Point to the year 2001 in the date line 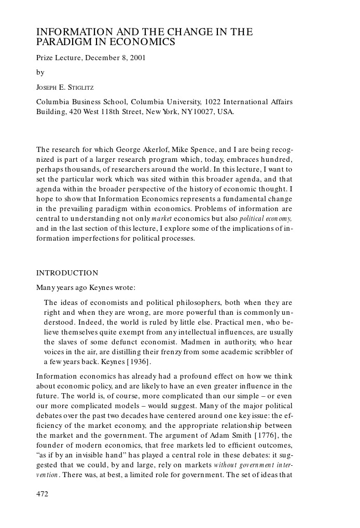click(136, 58)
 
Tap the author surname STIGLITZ click(76, 88)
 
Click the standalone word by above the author click(40, 73)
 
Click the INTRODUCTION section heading click(67, 273)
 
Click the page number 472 click(42, 494)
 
